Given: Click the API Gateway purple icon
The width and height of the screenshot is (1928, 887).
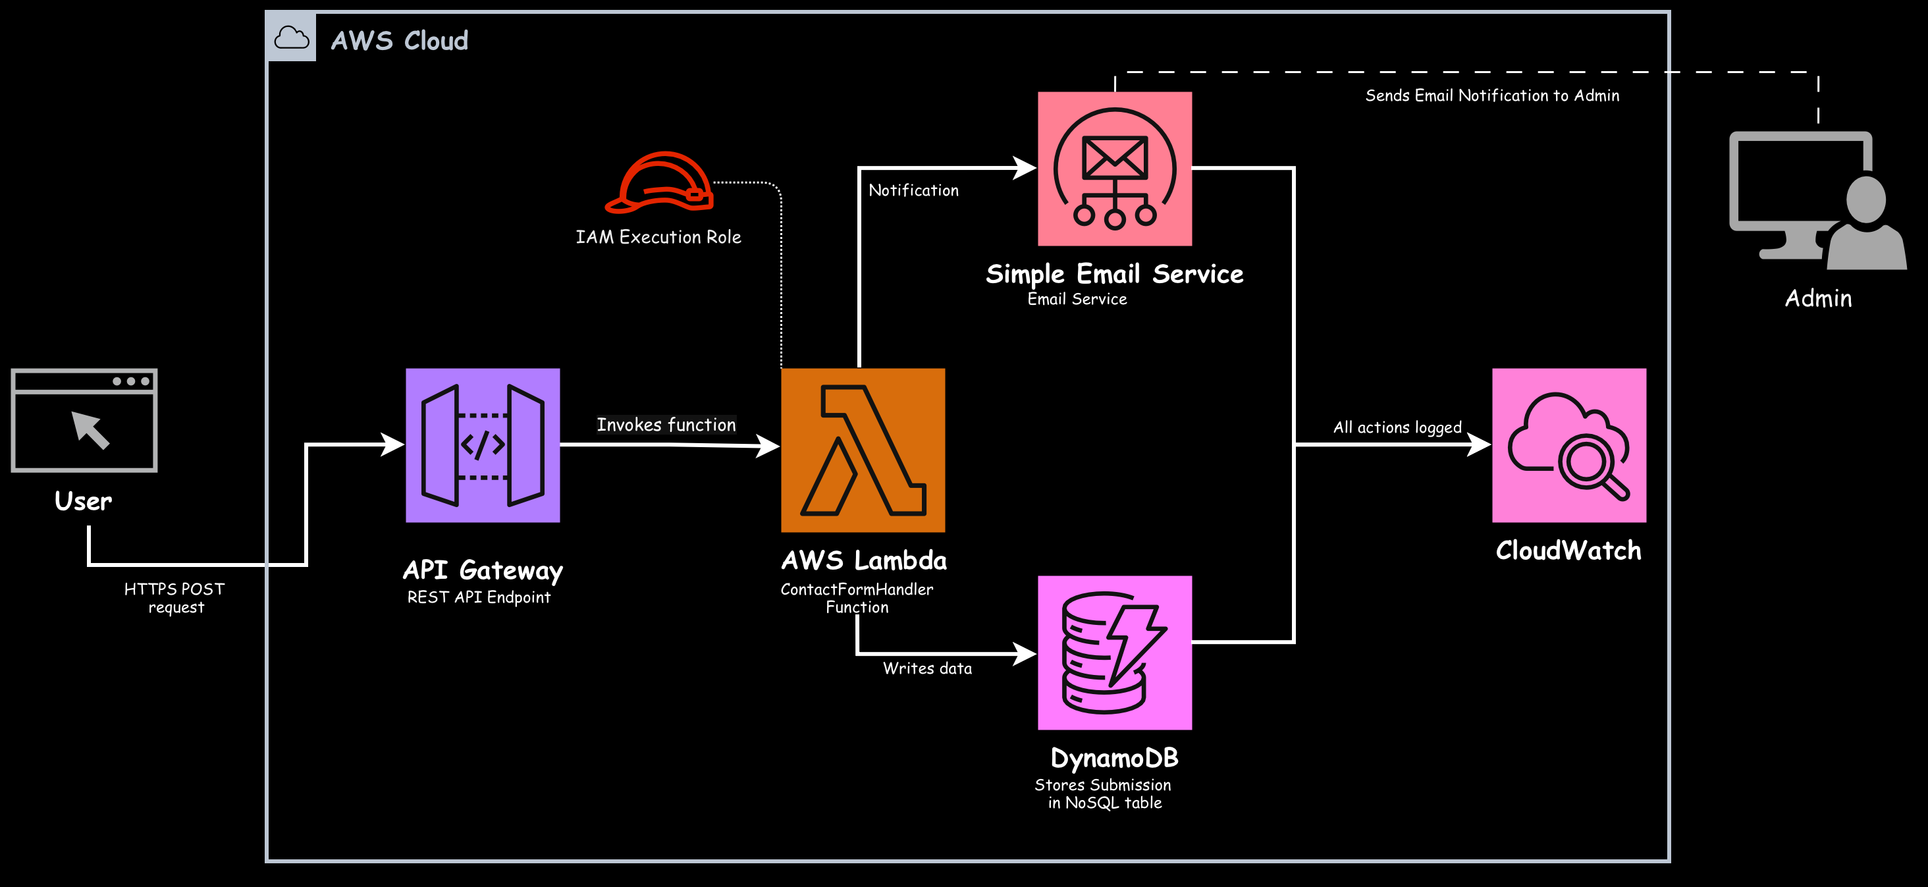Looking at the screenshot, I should coord(483,444).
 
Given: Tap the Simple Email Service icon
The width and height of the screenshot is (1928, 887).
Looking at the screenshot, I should coord(1114,169).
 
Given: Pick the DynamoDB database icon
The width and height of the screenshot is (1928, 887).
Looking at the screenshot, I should coord(1114,652).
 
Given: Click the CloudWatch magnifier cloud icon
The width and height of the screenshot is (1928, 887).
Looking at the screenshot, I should coord(1568,444).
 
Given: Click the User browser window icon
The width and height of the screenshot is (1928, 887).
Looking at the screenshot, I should coord(84,420).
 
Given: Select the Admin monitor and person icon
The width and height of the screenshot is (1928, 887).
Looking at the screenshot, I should coord(1817,200).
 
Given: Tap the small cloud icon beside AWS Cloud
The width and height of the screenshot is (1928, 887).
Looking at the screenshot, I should coord(291,37).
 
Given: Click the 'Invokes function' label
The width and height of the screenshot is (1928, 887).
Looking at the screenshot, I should coord(666,425).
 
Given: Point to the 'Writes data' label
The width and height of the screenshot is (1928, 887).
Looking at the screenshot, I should coord(927,668).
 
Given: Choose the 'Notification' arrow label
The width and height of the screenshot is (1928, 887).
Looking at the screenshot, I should coord(913,191).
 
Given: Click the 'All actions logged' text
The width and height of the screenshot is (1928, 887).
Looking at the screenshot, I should coord(1397,427).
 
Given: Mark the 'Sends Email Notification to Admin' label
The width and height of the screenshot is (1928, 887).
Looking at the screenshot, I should coord(1491,95).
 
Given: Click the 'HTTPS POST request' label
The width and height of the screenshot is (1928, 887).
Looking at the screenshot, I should coord(175,598).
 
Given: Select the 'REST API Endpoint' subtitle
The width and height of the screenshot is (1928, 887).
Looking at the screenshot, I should coord(479,597).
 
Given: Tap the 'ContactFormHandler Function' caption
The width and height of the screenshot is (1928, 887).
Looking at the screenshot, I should coord(857,598).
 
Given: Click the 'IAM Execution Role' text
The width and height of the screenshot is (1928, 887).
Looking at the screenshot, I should coord(658,237).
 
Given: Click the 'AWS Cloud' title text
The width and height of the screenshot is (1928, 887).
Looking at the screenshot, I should coord(400,40).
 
